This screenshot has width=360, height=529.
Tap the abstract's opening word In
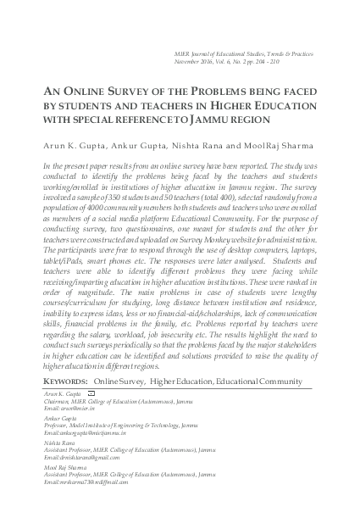point(46,165)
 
